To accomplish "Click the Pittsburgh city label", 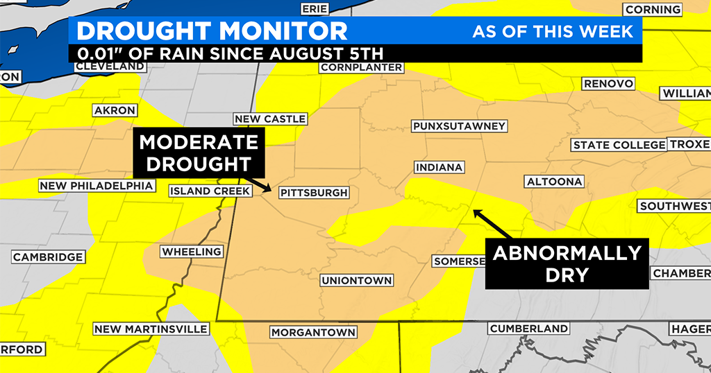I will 313,193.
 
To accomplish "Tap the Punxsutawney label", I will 459,126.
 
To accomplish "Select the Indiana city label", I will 439,168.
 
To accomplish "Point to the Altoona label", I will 554,182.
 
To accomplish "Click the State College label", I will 618,145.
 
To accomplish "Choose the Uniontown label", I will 357,281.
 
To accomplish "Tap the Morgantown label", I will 313,332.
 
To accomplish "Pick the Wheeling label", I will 192,252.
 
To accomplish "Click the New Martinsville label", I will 151,329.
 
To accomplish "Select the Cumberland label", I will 529,328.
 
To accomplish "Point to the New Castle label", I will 270,119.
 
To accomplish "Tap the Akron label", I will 115,110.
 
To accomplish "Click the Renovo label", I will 609,84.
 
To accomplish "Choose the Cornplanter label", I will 361,67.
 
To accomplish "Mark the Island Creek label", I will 201,191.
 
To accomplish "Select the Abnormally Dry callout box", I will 566,263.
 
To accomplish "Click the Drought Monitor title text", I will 212,31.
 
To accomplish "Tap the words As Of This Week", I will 553,32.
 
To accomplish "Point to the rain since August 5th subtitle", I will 230,53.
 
